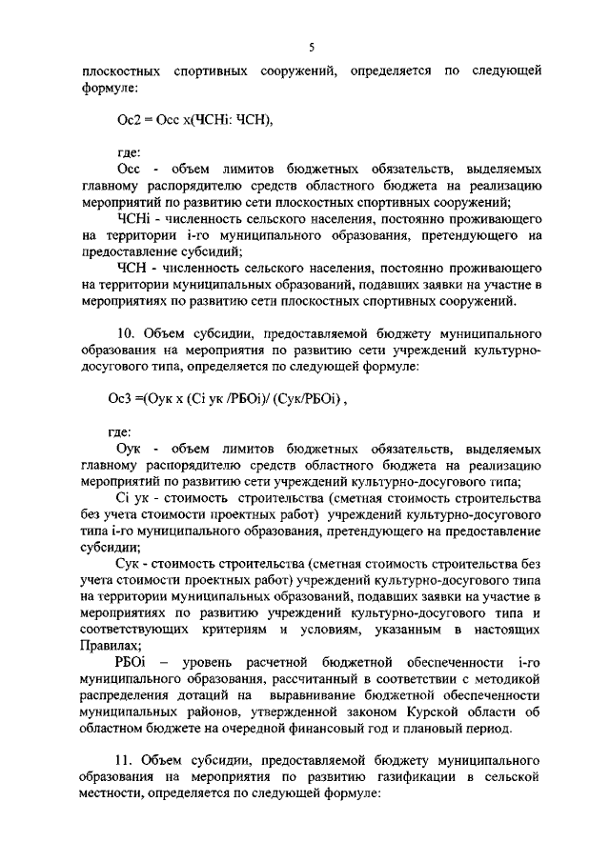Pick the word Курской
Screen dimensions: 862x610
click(435, 712)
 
